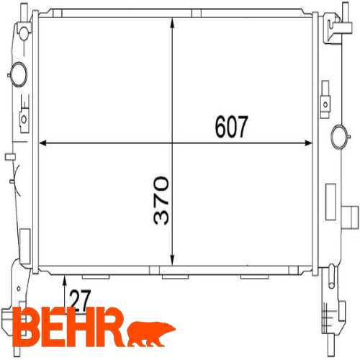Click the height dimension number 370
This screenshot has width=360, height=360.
[x=161, y=199]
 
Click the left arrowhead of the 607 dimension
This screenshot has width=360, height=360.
[x=42, y=143]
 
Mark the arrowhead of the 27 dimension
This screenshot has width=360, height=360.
[x=66, y=280]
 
